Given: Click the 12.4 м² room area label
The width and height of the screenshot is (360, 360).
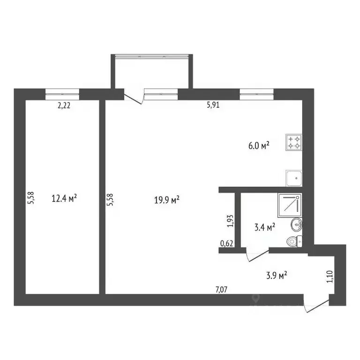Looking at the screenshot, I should click(64, 198).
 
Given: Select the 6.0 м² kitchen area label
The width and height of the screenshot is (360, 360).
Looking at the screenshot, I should click(259, 146).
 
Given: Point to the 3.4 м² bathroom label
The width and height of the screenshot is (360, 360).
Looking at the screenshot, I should click(264, 228).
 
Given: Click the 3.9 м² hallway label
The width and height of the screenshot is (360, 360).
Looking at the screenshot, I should click(276, 276).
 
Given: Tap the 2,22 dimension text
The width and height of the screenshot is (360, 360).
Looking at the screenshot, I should click(64, 106).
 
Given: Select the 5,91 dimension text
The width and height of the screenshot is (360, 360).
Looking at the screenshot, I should click(213, 105).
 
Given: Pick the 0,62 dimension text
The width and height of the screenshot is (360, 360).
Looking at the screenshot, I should click(226, 243).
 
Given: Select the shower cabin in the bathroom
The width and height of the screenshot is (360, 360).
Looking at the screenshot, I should click(290, 204).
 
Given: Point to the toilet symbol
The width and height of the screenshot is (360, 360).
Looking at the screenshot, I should click(293, 241).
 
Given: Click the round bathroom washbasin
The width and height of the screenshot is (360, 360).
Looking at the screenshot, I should click(297, 225).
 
